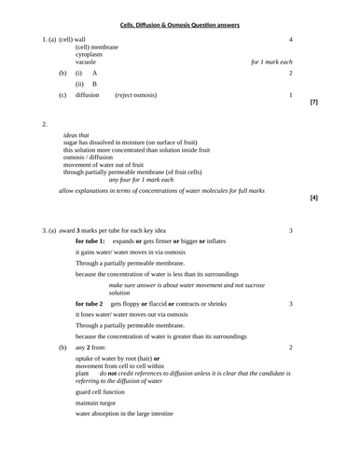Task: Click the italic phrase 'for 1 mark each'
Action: pyautogui.click(x=271, y=62)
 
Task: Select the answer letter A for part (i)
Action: pyautogui.click(x=94, y=73)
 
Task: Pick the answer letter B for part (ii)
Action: pyautogui.click(x=94, y=84)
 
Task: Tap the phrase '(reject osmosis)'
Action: pyautogui.click(x=136, y=95)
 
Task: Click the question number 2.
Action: pyautogui.click(x=45, y=123)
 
